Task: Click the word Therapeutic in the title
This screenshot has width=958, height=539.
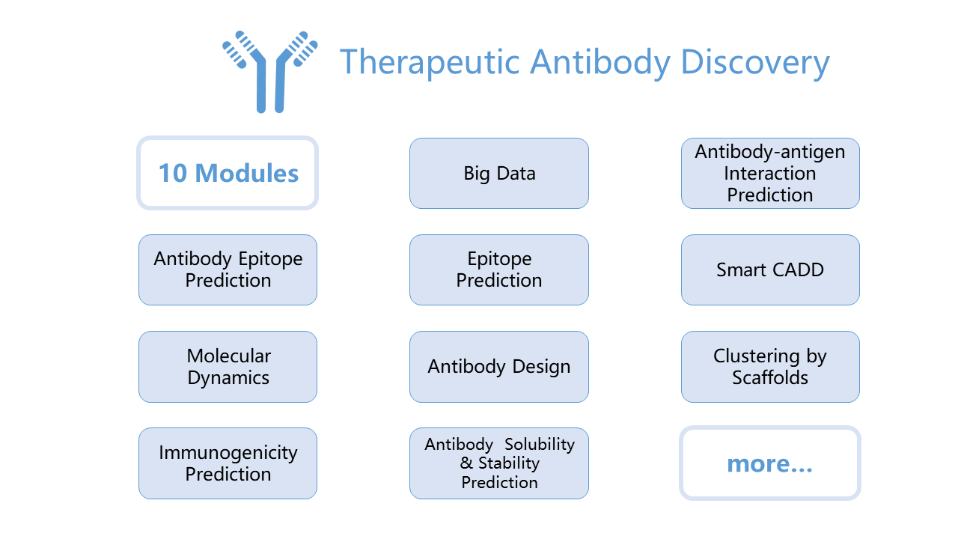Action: [430, 62]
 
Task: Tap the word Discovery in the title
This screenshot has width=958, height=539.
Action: [755, 62]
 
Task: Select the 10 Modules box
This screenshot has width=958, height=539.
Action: [228, 173]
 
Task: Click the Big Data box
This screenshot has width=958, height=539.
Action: [499, 173]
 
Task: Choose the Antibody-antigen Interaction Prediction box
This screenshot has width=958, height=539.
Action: [770, 173]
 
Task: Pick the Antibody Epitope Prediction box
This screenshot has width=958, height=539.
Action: [228, 270]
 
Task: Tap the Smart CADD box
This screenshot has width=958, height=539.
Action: [770, 270]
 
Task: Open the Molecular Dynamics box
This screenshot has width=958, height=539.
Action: [228, 367]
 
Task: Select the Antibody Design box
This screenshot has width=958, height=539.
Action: [499, 367]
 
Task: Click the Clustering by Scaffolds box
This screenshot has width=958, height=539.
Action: [770, 367]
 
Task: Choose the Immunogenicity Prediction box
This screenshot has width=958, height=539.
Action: [228, 463]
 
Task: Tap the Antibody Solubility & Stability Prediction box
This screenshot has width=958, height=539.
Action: [499, 463]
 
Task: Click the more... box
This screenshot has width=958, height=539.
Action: [770, 463]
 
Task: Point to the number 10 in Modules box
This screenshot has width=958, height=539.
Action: [173, 173]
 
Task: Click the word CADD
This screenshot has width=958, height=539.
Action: [798, 270]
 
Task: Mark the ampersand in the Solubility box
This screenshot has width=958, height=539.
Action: [466, 463]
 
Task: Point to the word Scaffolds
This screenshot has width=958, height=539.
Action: [770, 377]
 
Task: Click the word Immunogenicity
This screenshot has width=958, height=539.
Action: [228, 454]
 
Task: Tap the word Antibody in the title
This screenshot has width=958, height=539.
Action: [600, 62]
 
